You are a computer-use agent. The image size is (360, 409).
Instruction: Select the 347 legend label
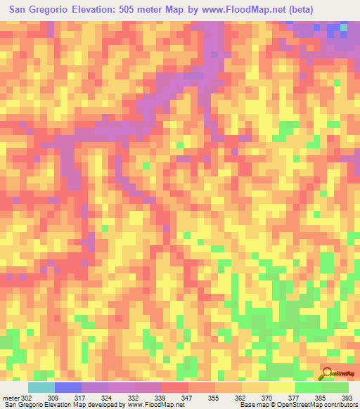coord(188,398)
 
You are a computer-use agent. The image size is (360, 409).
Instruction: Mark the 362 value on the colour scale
coord(242,398)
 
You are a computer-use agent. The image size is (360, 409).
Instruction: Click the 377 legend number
coord(295,398)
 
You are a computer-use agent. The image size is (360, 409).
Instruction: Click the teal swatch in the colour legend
coord(41,387)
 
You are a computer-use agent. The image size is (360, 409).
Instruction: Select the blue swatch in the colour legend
coord(68,387)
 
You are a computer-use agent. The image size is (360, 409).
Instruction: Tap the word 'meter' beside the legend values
coord(11,398)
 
